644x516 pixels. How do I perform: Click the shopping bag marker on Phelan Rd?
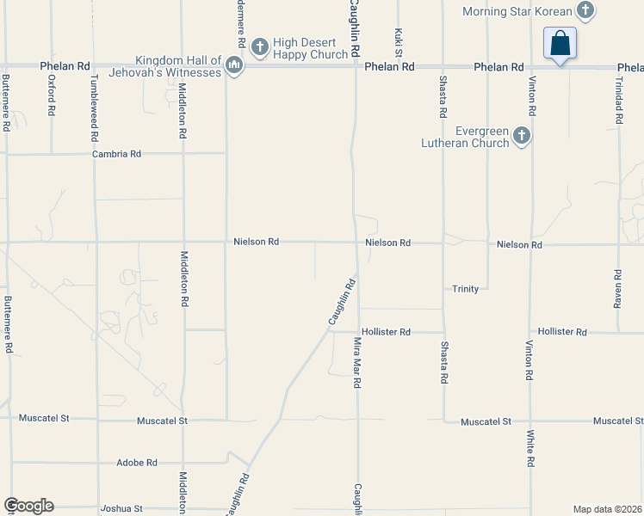pos(560,43)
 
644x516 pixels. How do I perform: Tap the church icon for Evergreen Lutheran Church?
pos(521,136)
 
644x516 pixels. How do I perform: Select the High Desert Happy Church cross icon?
pos(260,45)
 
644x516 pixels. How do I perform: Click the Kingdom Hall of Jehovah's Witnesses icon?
pos(233,65)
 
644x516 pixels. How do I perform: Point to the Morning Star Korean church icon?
pos(585,11)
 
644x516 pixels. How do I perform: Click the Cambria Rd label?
pos(117,154)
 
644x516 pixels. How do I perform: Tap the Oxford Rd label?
pos(52,95)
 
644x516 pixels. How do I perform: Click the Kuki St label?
pos(399,38)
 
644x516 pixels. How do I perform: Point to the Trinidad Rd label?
pos(618,96)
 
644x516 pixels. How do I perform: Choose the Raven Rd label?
pos(617,289)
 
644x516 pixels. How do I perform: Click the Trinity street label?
pos(465,289)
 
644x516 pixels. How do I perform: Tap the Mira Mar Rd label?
pos(356,362)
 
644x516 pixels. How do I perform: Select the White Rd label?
pos(531,448)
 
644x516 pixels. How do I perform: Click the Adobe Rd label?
pos(137,462)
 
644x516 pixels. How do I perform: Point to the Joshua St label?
pos(121,508)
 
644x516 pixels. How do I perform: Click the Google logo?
pos(28,506)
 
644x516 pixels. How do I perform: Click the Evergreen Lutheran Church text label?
pos(471,138)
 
